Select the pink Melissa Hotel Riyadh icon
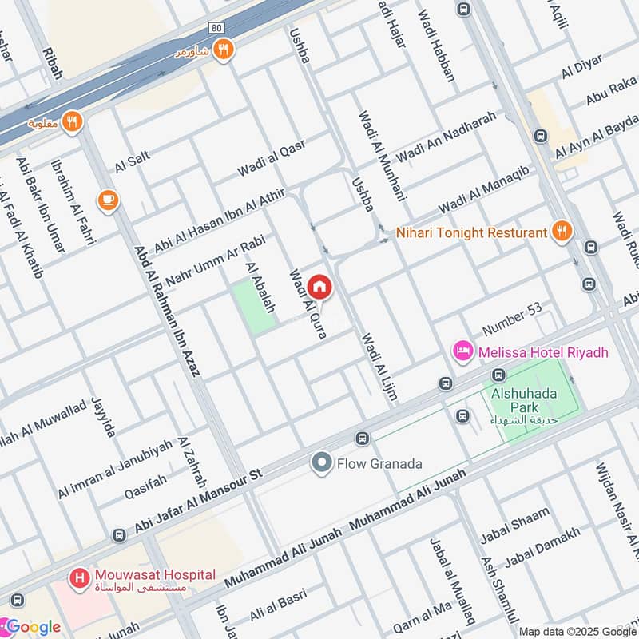[463, 351]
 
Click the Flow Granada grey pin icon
[322, 462]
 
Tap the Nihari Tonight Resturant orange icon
[562, 232]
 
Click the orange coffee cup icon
[106, 200]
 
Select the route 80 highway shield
[216, 27]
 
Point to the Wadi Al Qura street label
[307, 304]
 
